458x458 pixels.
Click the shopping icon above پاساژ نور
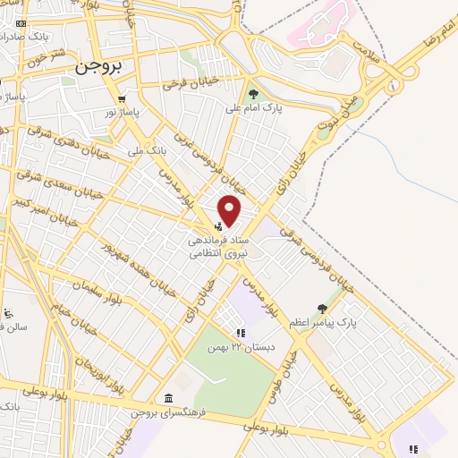121,99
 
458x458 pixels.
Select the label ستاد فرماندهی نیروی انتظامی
219,247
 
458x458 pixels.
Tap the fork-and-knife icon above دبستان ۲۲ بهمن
240,332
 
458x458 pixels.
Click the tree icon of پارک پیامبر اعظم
322,308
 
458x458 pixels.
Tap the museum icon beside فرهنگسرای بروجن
167,398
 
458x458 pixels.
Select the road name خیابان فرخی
191,85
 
